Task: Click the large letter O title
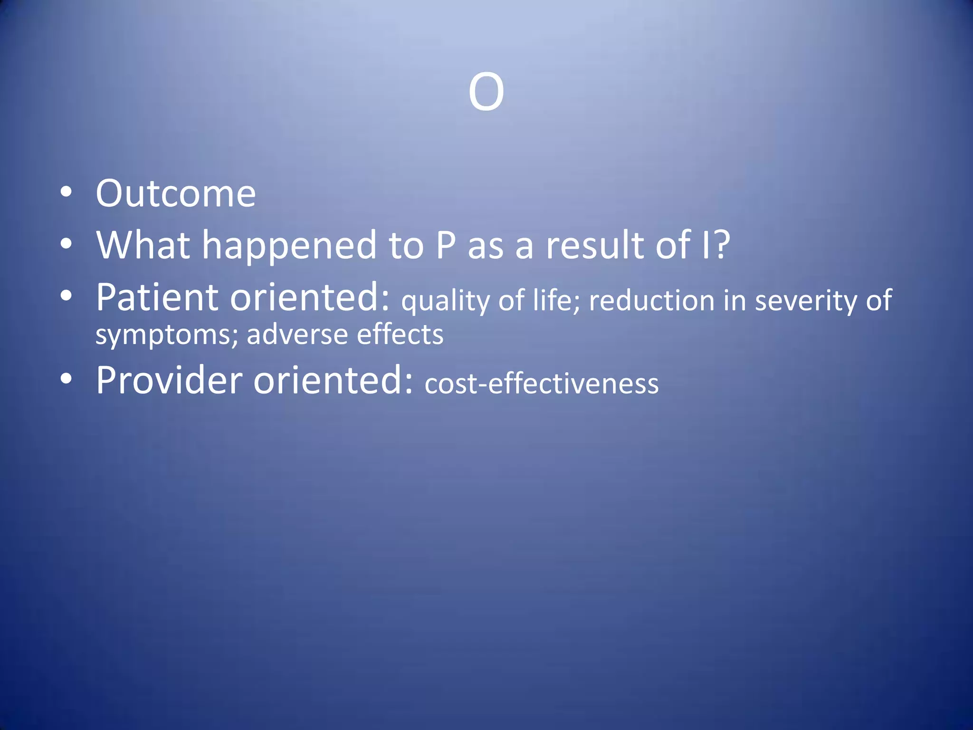486,92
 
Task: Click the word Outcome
176,194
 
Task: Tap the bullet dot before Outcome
67,192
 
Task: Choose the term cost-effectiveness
542,384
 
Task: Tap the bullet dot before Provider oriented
67,378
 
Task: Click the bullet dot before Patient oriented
67,296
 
